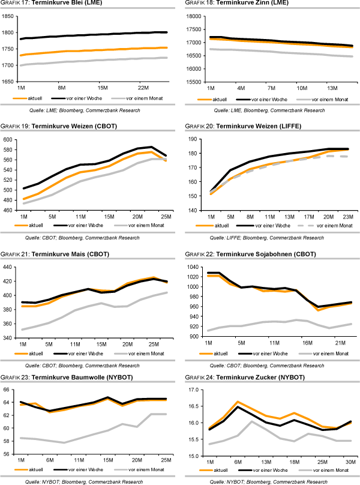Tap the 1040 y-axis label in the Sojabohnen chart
194,267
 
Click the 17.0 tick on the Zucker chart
194,390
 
